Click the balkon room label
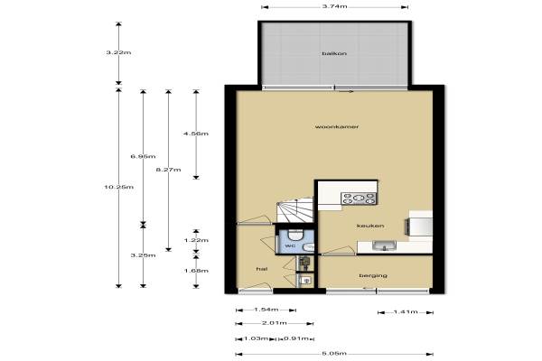tap(334, 53)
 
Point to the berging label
tap(373, 275)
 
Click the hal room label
tap(262, 269)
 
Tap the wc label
tap(290, 246)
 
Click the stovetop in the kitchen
tap(359, 199)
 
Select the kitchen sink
tap(384, 245)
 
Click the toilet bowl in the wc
tap(295, 235)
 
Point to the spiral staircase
tap(295, 210)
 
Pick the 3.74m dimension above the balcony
tap(334, 6)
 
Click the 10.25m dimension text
tap(118, 187)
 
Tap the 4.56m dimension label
tap(196, 134)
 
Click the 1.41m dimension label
tap(406, 312)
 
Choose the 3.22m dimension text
tap(118, 53)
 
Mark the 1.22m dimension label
tap(196, 240)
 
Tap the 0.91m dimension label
tap(296, 338)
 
